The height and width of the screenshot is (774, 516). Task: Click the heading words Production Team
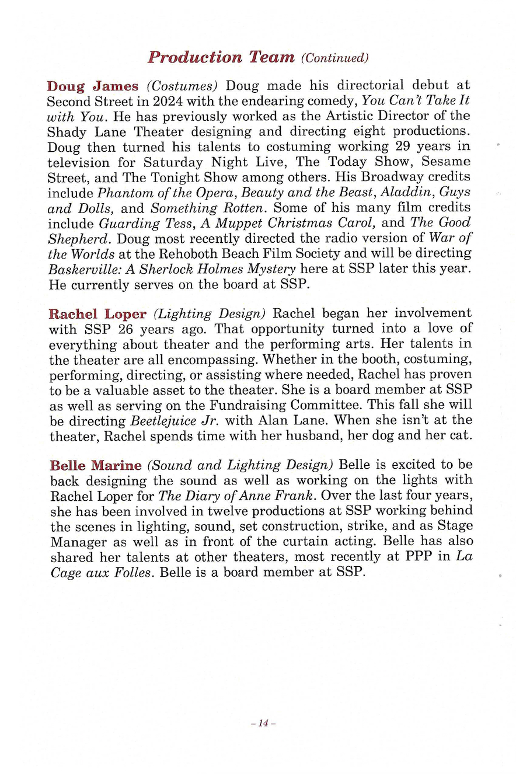click(221, 57)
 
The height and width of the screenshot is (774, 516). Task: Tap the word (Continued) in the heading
click(335, 58)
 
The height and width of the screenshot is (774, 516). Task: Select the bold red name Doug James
click(92, 86)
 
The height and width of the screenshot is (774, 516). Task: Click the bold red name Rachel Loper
click(97, 313)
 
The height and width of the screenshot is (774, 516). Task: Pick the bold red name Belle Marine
click(96, 465)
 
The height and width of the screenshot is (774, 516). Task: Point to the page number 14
click(262, 723)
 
